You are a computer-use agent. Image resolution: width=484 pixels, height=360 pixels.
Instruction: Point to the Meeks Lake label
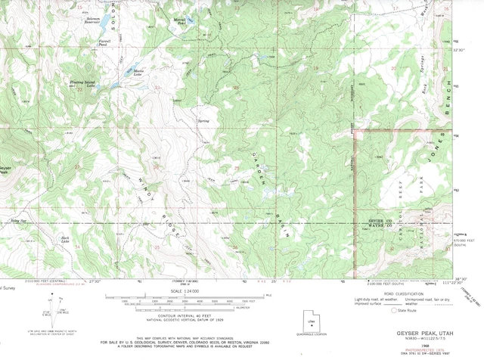[138, 73]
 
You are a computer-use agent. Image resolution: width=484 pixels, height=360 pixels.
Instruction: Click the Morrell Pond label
[180, 23]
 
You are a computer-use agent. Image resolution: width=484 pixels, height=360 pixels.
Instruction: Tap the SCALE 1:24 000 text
[187, 292]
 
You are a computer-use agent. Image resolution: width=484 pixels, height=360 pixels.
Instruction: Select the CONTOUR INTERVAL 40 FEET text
[187, 316]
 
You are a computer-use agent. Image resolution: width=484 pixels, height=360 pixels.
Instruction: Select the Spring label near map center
[203, 120]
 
